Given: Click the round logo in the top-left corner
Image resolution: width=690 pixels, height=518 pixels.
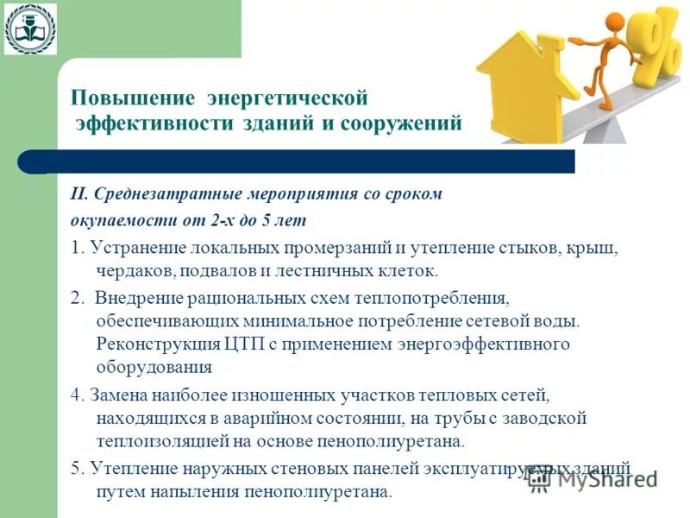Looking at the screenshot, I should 30,28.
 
